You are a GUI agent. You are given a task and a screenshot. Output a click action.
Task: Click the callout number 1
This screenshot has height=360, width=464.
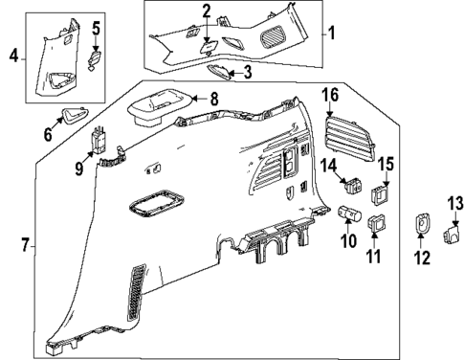(332, 33)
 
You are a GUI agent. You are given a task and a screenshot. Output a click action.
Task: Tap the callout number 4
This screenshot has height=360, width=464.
(12, 56)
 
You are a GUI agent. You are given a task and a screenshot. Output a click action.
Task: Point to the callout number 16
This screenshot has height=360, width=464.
(330, 94)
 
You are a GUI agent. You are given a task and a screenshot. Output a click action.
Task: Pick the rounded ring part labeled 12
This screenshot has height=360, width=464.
(422, 224)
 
